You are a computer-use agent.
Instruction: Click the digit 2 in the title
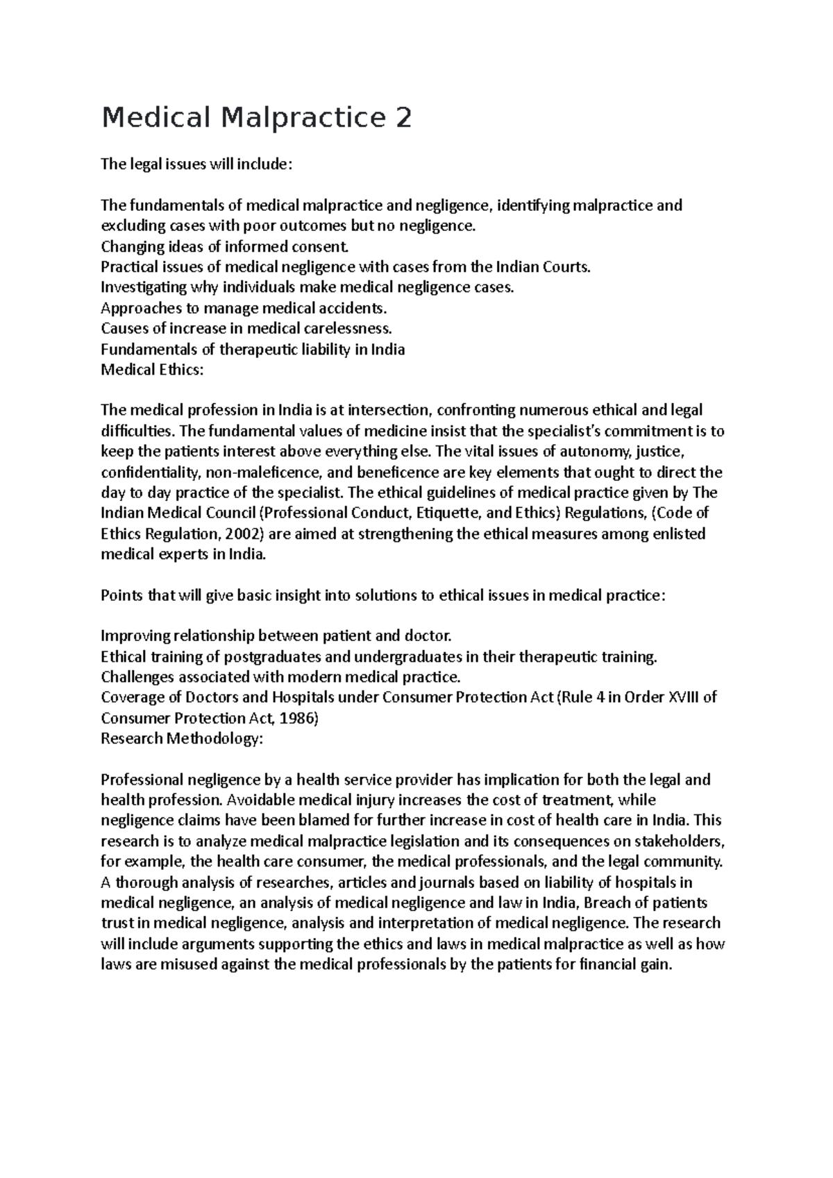point(403,119)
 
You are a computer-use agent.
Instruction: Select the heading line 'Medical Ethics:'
point(153,370)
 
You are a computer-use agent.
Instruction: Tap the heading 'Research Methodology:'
point(182,739)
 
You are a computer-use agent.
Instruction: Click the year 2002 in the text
point(243,534)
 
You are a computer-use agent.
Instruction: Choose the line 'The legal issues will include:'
point(197,164)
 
